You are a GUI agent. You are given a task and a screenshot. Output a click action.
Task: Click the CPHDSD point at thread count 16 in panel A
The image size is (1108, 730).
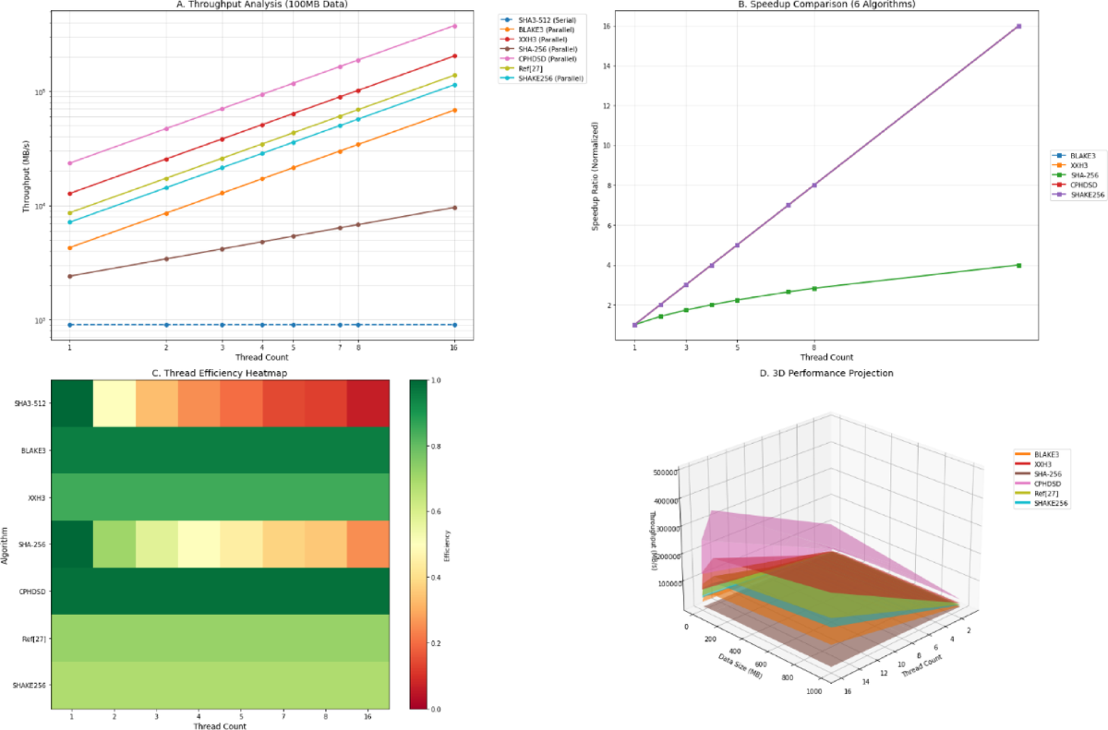(x=454, y=25)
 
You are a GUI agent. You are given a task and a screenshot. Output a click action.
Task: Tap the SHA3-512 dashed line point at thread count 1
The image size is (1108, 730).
(x=69, y=325)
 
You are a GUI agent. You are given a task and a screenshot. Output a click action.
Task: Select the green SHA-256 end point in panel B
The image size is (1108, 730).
(x=1018, y=265)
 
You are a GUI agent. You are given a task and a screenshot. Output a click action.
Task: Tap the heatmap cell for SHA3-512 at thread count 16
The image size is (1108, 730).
(x=367, y=402)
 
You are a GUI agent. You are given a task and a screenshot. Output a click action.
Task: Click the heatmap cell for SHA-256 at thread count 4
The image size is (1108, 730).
(x=199, y=544)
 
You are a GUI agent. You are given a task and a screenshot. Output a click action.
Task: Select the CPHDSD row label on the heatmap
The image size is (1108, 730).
(x=30, y=591)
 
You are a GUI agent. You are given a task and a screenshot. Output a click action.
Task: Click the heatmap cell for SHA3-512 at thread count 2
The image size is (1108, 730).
(x=114, y=402)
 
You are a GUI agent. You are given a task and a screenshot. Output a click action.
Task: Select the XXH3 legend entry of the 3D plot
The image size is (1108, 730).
(x=1044, y=464)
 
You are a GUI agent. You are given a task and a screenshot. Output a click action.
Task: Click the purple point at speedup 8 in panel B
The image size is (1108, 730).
(x=813, y=185)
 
